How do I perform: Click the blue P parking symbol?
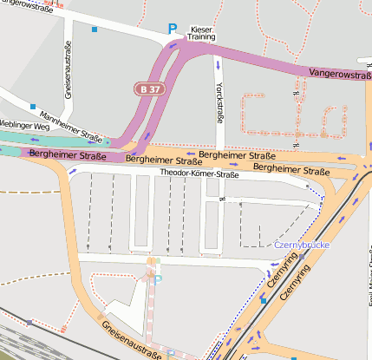(172, 29)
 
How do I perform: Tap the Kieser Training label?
(201, 34)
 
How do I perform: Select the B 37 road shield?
(148, 88)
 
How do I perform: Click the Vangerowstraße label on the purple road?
(338, 75)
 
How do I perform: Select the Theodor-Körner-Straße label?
(199, 173)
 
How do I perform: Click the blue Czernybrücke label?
(301, 245)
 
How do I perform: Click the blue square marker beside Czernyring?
(263, 298)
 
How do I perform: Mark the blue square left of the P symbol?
(95, 29)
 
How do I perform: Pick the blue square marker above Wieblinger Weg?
(32, 107)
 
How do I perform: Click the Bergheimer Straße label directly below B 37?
(159, 160)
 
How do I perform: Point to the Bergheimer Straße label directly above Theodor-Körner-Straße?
(232, 155)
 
